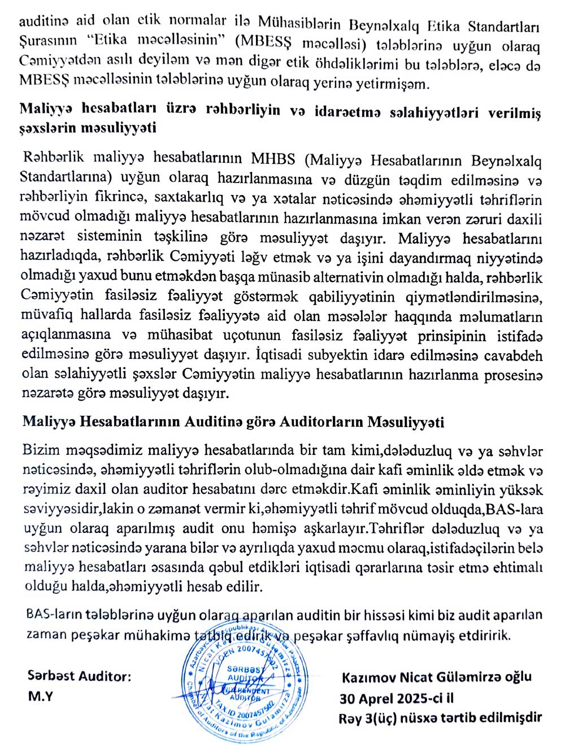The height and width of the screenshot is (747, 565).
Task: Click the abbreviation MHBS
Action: tap(273, 159)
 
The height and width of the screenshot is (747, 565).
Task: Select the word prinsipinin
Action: tap(451, 336)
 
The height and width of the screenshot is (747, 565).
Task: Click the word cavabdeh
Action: tap(514, 356)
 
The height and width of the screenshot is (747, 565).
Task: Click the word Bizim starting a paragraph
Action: tap(41, 451)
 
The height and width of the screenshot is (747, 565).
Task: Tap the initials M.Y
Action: tap(40, 696)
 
